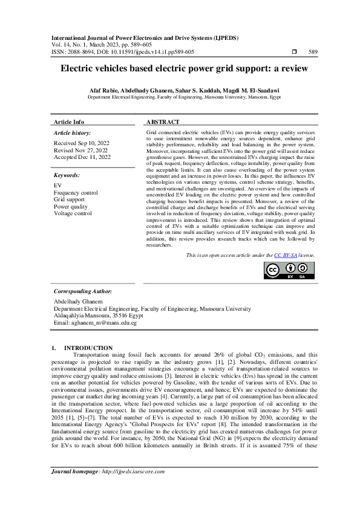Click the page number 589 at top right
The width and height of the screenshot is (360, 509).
click(312, 52)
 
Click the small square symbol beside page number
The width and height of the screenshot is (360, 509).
click(294, 52)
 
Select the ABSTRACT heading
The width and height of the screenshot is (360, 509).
click(163, 122)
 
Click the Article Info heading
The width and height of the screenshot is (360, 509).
click(69, 122)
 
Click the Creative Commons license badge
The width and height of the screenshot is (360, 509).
click(289, 271)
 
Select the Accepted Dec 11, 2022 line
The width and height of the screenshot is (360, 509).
click(82, 157)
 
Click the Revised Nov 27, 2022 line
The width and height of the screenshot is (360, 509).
click(80, 150)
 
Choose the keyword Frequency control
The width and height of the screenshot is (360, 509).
click(76, 192)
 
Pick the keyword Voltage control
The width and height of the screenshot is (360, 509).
click(73, 213)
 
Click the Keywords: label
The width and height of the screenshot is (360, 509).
click(67, 175)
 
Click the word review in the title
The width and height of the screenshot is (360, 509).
click(292, 69)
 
